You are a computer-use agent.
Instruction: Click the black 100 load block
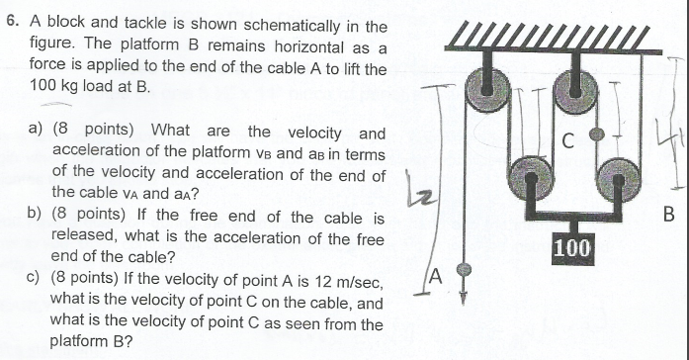572,247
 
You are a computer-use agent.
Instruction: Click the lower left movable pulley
530,179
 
